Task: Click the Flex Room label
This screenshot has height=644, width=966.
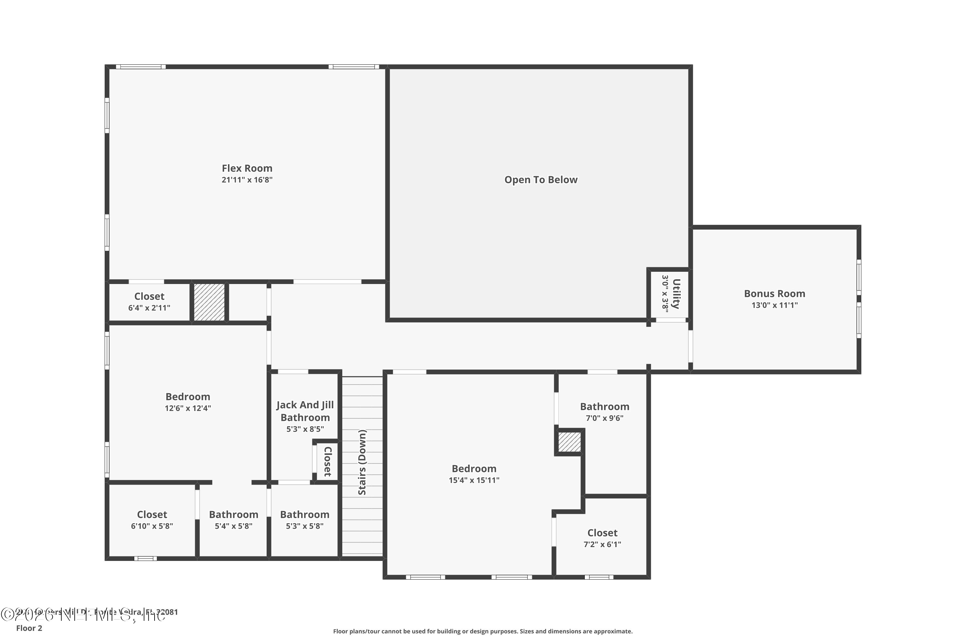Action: (247, 168)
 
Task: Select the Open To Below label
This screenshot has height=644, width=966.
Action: (541, 180)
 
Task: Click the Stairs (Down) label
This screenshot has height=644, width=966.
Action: (362, 462)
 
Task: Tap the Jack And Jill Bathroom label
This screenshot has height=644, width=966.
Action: (305, 411)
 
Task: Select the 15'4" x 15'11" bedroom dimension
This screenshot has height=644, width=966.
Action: (474, 480)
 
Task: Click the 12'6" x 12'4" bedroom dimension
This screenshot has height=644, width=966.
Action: (188, 408)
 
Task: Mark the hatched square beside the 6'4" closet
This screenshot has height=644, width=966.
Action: (209, 302)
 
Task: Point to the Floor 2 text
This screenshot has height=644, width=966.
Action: (29, 628)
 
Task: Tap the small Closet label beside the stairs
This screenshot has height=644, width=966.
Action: (328, 462)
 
